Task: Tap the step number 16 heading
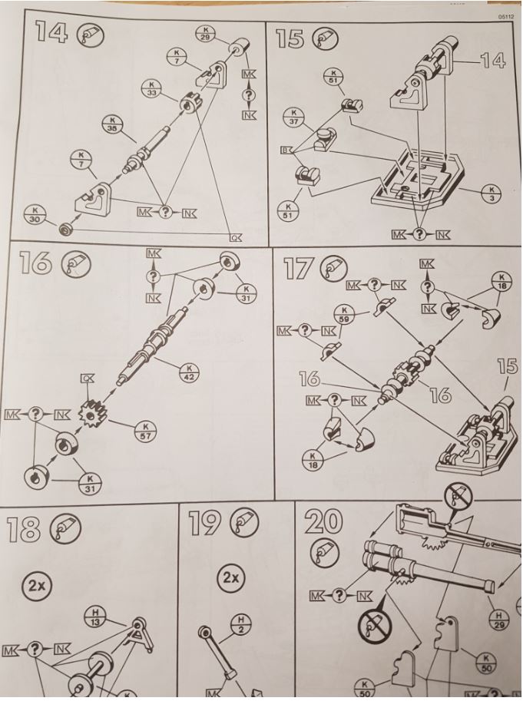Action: pos(35,263)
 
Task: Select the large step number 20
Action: pos(325,523)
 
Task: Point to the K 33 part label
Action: pos(151,88)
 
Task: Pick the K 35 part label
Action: pos(114,124)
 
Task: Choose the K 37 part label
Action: pos(295,117)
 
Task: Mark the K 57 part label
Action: pos(144,431)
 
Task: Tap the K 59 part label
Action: pos(343,313)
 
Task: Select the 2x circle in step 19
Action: pos(228,578)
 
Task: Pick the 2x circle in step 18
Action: pos(37,584)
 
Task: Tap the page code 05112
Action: pos(505,15)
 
